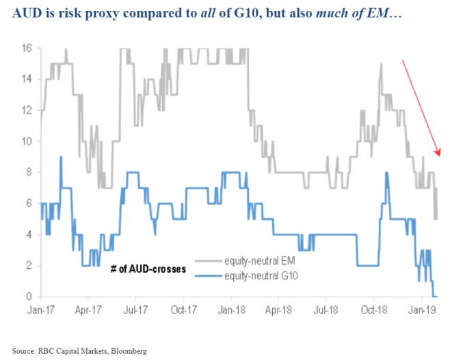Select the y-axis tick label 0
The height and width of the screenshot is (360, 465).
coord(29,297)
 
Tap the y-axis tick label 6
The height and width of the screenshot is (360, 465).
coord(29,204)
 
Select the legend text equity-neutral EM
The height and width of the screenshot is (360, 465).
coord(263,261)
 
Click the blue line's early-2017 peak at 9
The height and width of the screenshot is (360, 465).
coord(61,157)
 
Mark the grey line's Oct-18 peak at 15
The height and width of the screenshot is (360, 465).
coord(381,64)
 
